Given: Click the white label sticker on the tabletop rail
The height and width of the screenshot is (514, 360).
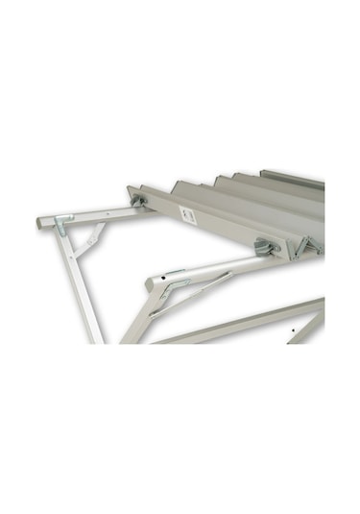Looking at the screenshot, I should [187, 216].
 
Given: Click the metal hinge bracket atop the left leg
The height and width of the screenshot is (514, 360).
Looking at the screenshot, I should [64, 225].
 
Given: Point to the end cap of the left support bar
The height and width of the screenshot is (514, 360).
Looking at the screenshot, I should [41, 221].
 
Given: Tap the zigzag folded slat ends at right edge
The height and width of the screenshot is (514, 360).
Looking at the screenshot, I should [309, 245].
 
